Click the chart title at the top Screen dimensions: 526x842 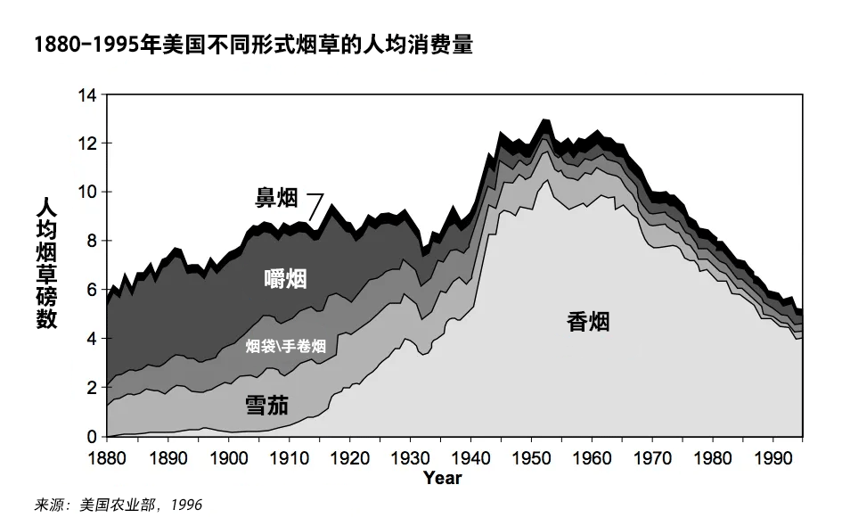tap(253, 45)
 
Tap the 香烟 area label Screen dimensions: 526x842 tap(588, 322)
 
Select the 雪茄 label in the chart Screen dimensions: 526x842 tap(266, 407)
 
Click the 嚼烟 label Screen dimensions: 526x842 tap(285, 279)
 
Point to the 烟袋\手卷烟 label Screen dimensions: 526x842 tap(285, 346)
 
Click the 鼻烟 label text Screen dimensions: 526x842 tap(276, 199)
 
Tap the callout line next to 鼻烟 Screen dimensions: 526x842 tap(315, 205)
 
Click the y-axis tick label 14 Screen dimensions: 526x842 tap(86, 95)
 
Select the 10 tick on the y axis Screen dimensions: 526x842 tap(86, 193)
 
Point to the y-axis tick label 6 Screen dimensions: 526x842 tap(91, 291)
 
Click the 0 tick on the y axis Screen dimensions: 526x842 tap(91, 437)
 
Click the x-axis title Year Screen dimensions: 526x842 tap(443, 479)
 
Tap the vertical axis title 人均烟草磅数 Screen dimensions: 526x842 tap(46, 262)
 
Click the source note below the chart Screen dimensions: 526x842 tap(119, 505)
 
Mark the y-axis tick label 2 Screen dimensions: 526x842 tap(91, 388)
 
